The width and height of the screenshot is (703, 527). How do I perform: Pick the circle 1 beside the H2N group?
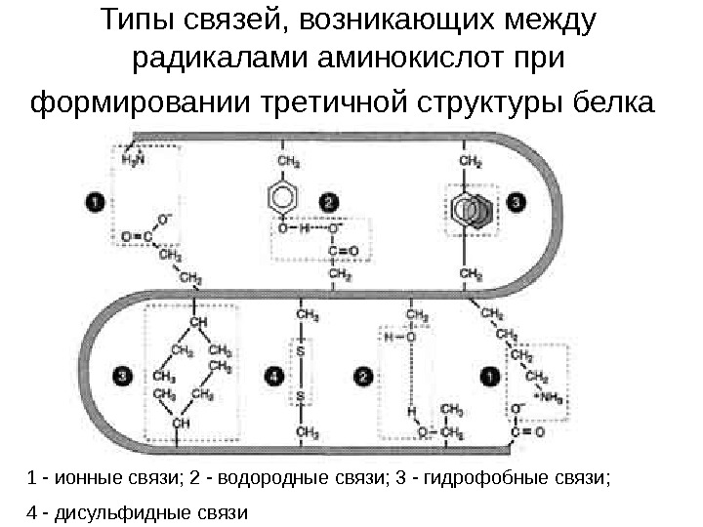(94, 202)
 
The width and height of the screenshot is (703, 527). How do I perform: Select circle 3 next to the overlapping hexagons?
(517, 202)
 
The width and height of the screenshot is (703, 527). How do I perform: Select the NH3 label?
(554, 396)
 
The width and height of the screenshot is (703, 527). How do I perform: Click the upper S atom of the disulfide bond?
(301, 348)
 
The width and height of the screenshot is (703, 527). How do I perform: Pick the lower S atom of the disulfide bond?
(301, 396)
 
